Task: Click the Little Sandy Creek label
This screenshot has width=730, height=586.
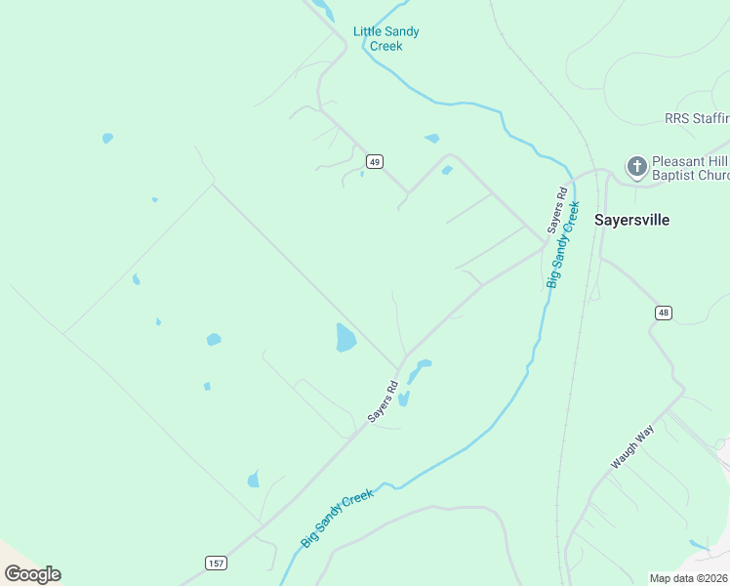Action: [x=386, y=38]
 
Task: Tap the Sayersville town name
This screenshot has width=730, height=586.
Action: [x=632, y=220]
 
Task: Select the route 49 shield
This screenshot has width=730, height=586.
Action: [x=373, y=160]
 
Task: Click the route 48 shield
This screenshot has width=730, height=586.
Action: [x=664, y=313]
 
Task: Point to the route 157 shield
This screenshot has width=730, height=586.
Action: [x=217, y=564]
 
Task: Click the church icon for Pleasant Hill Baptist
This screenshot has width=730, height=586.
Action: [x=637, y=166]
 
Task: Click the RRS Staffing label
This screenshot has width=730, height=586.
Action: [x=697, y=118]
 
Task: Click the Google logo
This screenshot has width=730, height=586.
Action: [x=32, y=573]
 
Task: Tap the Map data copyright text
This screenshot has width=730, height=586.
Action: [x=689, y=577]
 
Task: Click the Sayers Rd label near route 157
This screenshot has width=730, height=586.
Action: [x=384, y=400]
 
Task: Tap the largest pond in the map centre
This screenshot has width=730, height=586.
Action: [x=345, y=338]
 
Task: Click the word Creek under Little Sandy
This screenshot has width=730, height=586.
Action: [x=386, y=46]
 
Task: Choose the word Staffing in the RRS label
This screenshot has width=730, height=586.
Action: [x=712, y=118]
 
